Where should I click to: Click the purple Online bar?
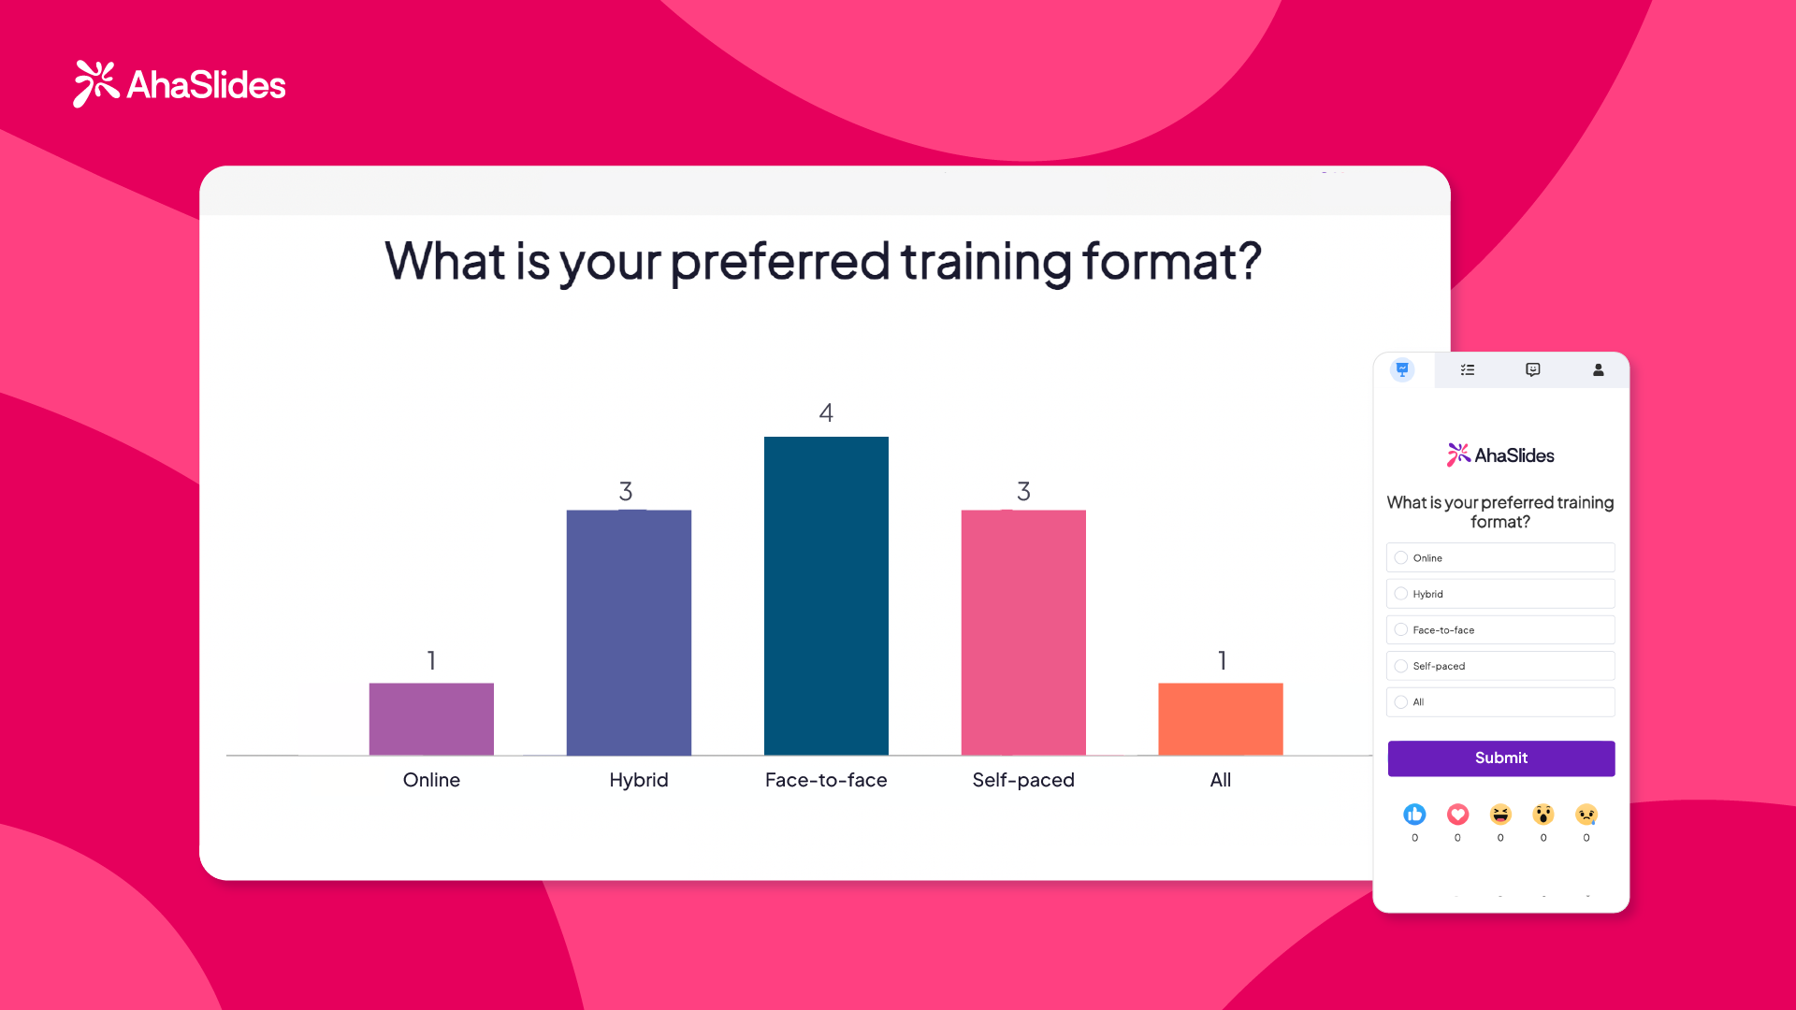[x=431, y=718]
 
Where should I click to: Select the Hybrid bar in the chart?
[x=629, y=632]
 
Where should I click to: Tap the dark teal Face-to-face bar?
[x=826, y=596]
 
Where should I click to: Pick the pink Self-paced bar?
[x=1023, y=632]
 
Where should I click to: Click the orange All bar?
[x=1221, y=718]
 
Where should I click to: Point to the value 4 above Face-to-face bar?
[x=826, y=412]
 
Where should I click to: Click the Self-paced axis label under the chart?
[x=1023, y=780]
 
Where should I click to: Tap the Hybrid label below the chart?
[x=639, y=780]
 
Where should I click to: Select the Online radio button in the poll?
[x=1401, y=557]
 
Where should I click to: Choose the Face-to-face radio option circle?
[x=1401, y=629]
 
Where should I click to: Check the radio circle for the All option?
[x=1401, y=701]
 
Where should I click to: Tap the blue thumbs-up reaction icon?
[x=1414, y=815]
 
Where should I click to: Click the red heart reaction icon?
[x=1457, y=815]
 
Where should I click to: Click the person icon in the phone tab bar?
[x=1599, y=369]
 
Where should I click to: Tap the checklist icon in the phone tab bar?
[x=1468, y=369]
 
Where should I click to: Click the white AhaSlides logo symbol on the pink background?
[x=96, y=83]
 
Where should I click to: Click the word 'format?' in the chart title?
[x=1172, y=261]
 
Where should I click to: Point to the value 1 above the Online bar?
[x=431, y=660]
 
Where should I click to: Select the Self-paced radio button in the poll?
[x=1401, y=666]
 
